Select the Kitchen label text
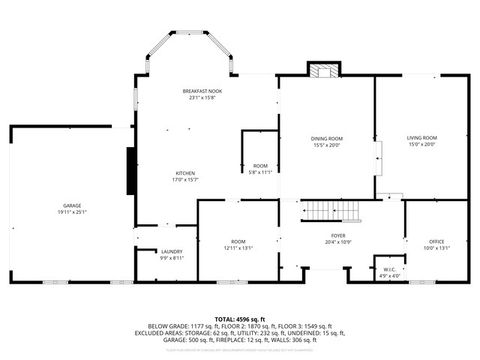[x=185, y=172]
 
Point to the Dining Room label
[x=326, y=138]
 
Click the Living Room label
[x=421, y=138]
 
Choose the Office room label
[x=436, y=241]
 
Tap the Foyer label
[x=339, y=236]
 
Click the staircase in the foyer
[x=331, y=212]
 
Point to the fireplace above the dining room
[x=323, y=71]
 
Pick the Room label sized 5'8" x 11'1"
[x=260, y=166]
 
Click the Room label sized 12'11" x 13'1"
[x=238, y=241]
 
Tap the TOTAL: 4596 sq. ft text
[x=240, y=317]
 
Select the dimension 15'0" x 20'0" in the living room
[x=421, y=144]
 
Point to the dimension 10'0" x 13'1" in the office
[x=436, y=247]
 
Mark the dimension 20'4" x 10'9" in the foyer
[x=339, y=242]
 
